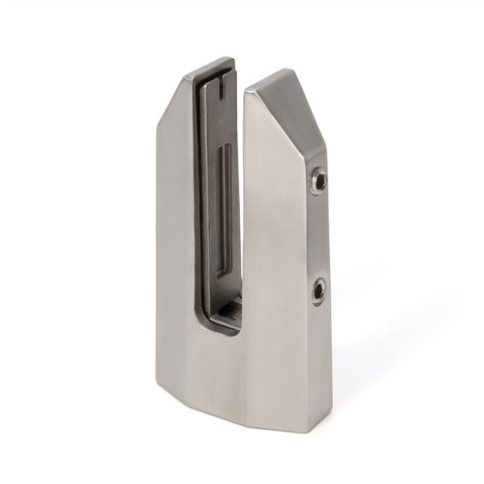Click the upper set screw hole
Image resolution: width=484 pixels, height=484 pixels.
click(318, 181)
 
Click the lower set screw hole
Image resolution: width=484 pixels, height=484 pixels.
click(318, 287)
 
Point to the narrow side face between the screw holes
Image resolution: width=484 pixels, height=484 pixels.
click(318, 234)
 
